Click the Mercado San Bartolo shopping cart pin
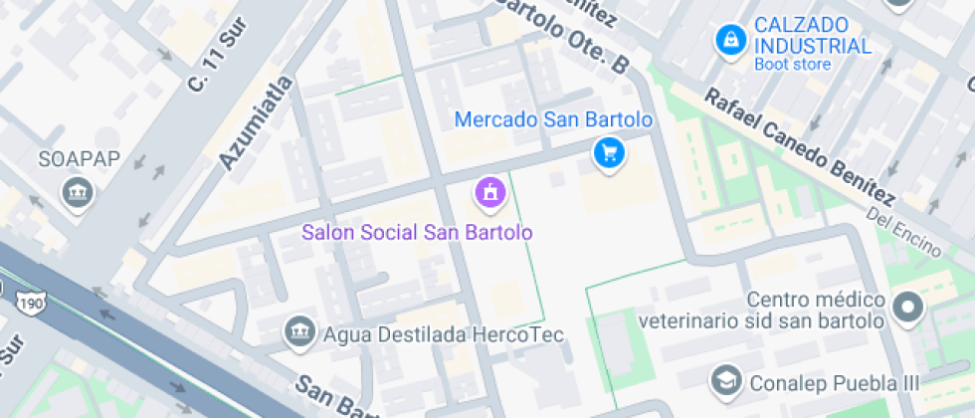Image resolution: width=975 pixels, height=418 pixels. (x=609, y=153)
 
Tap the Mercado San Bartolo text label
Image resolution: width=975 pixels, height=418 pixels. (x=553, y=119)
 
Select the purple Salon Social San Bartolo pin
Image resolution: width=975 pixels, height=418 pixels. (x=489, y=192)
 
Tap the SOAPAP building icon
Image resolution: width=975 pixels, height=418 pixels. (x=76, y=193)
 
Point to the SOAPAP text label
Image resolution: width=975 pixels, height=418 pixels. (x=67, y=159)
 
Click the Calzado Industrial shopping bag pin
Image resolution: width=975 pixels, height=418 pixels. (x=731, y=40)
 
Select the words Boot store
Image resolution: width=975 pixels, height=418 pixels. (x=792, y=65)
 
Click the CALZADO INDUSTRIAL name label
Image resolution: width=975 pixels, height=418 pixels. (x=812, y=35)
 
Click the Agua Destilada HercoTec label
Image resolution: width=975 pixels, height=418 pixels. (x=444, y=335)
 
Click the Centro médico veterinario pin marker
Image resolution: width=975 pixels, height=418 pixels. (x=907, y=310)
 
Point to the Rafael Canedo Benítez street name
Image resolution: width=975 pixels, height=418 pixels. (x=802, y=148)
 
